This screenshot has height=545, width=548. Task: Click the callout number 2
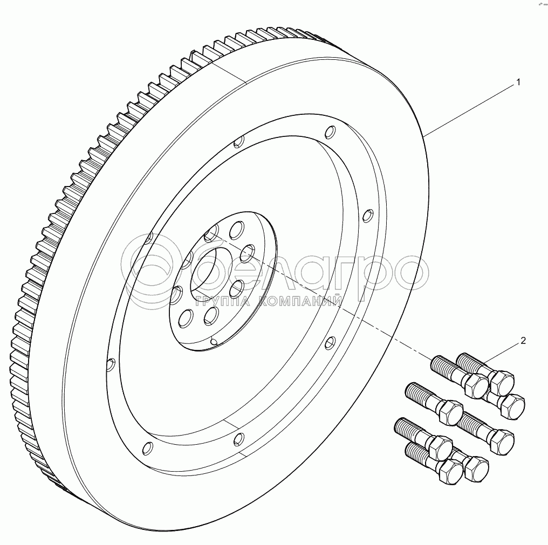[522, 341]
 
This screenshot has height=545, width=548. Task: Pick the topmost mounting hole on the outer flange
[330, 131]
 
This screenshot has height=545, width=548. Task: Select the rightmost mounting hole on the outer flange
[367, 215]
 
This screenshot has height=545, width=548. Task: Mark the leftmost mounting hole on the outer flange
[111, 365]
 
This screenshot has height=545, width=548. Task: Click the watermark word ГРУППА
[222, 301]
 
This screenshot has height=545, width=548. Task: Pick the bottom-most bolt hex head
[450, 472]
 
